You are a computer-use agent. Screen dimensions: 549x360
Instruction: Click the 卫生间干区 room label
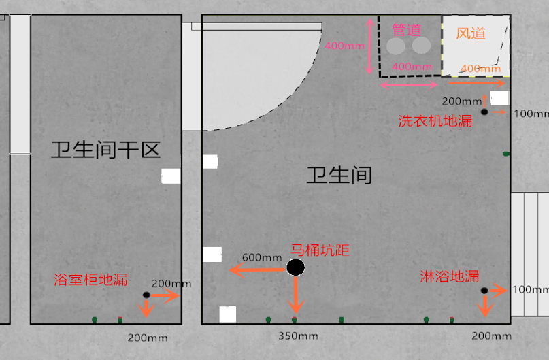click(105, 150)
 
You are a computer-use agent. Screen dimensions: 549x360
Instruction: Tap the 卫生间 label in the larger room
click(339, 176)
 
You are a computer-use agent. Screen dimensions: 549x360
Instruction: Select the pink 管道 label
click(407, 30)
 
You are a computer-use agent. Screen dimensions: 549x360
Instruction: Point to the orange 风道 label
click(471, 33)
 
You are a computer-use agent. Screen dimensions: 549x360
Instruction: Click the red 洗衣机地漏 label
click(435, 121)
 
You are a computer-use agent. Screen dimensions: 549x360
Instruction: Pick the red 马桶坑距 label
click(320, 250)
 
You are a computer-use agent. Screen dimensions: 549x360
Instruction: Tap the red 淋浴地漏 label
click(449, 276)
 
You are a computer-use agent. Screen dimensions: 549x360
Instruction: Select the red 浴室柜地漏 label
click(90, 280)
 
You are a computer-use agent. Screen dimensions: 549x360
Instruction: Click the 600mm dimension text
click(262, 257)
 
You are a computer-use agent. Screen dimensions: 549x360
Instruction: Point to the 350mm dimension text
click(298, 336)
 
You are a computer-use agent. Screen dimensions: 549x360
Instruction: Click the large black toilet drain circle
click(295, 267)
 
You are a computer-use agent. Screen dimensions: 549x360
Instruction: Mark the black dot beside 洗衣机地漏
click(484, 112)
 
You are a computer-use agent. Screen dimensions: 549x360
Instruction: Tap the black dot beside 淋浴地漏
click(484, 291)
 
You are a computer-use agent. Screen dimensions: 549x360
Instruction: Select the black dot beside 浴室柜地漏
click(146, 295)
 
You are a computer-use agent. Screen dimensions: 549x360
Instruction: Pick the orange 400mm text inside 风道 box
click(480, 69)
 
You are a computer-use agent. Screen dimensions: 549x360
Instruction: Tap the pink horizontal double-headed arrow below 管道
click(409, 85)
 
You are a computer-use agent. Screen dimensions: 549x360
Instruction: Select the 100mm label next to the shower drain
click(530, 289)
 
